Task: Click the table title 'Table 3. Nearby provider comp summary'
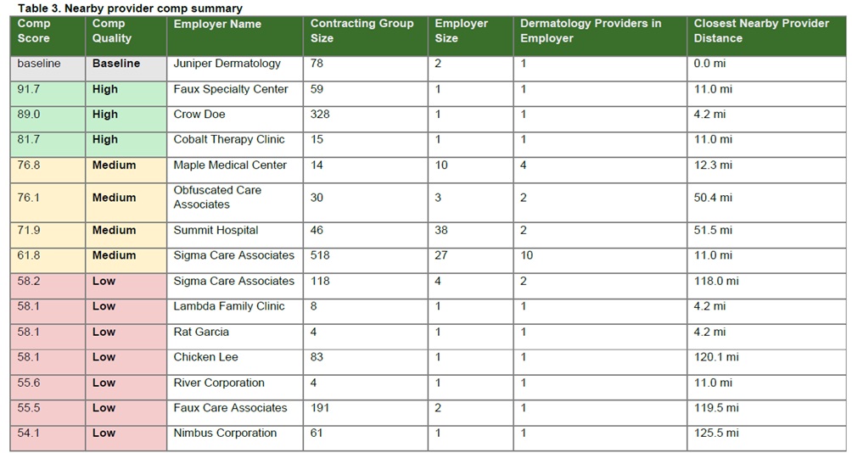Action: point(131,8)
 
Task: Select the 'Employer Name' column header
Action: point(217,24)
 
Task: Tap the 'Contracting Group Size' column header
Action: point(362,31)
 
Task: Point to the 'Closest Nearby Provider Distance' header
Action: point(761,31)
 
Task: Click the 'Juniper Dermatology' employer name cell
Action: point(227,64)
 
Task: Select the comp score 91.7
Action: point(28,89)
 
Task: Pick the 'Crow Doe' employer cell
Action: point(199,114)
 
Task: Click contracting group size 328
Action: point(320,114)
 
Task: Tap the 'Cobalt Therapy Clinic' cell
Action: point(229,140)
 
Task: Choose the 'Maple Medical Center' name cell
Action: point(230,165)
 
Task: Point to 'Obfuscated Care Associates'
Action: point(217,197)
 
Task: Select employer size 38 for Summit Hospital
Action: point(441,230)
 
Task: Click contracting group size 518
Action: point(320,255)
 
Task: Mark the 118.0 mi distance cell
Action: point(716,281)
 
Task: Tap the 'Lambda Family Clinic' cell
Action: point(229,306)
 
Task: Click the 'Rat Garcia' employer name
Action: point(201,332)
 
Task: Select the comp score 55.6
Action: point(28,383)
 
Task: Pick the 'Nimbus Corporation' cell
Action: point(225,433)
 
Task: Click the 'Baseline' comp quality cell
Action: point(115,64)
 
